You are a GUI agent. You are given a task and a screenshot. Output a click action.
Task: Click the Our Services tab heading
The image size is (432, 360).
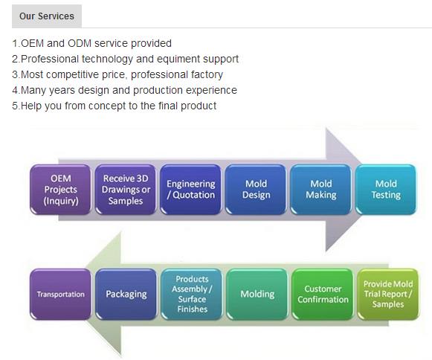point(47,16)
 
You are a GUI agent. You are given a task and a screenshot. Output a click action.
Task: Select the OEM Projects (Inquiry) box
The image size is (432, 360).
point(61,190)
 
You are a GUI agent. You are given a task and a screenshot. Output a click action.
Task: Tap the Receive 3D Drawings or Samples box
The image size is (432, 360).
point(126,190)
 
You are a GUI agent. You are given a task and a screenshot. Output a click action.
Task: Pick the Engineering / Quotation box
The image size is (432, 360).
point(190,190)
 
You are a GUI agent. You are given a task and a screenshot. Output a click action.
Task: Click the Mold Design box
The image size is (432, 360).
point(256,190)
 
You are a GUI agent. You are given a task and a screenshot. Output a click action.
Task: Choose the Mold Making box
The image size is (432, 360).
point(320,190)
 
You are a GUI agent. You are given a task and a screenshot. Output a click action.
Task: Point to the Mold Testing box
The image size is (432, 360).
point(386,190)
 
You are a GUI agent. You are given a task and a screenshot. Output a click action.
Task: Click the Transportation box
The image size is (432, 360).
point(61,294)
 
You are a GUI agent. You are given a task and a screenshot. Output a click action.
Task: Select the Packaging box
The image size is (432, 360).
point(126,294)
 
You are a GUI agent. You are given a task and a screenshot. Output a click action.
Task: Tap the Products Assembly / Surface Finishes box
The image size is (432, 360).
point(192,294)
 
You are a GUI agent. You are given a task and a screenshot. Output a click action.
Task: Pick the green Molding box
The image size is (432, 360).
point(257,294)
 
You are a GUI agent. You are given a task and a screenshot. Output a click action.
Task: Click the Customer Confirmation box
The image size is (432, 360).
point(323,294)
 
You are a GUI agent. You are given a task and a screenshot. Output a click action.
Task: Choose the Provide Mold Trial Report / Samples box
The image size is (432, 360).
point(388,294)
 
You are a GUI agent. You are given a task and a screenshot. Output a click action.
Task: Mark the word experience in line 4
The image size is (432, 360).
point(211,91)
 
